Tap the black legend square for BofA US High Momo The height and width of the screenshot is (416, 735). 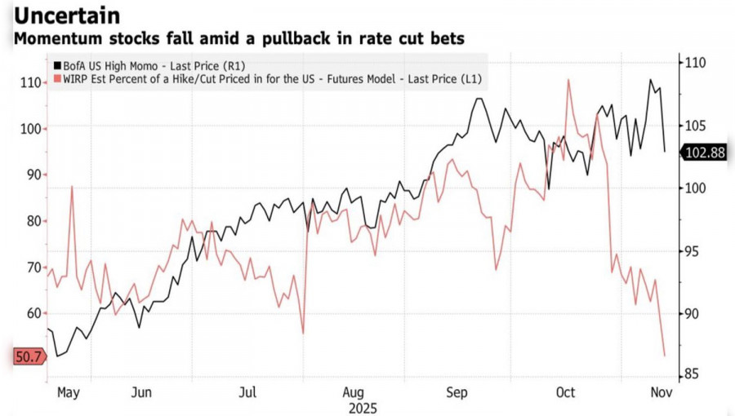[x=56, y=65]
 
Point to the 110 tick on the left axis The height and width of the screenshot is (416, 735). [x=29, y=82]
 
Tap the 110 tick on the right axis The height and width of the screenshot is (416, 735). [x=695, y=64]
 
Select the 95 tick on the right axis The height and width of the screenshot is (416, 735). [x=692, y=251]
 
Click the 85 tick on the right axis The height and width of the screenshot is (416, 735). [x=692, y=375]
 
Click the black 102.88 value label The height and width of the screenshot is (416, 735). [x=705, y=152]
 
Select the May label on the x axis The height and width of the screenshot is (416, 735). [x=68, y=392]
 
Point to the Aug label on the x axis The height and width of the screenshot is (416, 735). [x=354, y=392]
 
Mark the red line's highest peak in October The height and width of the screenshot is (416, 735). [x=568, y=79]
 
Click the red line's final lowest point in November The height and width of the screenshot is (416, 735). [x=664, y=356]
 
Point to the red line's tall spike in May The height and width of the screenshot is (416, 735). [x=72, y=187]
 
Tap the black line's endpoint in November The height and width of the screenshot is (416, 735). [x=665, y=151]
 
